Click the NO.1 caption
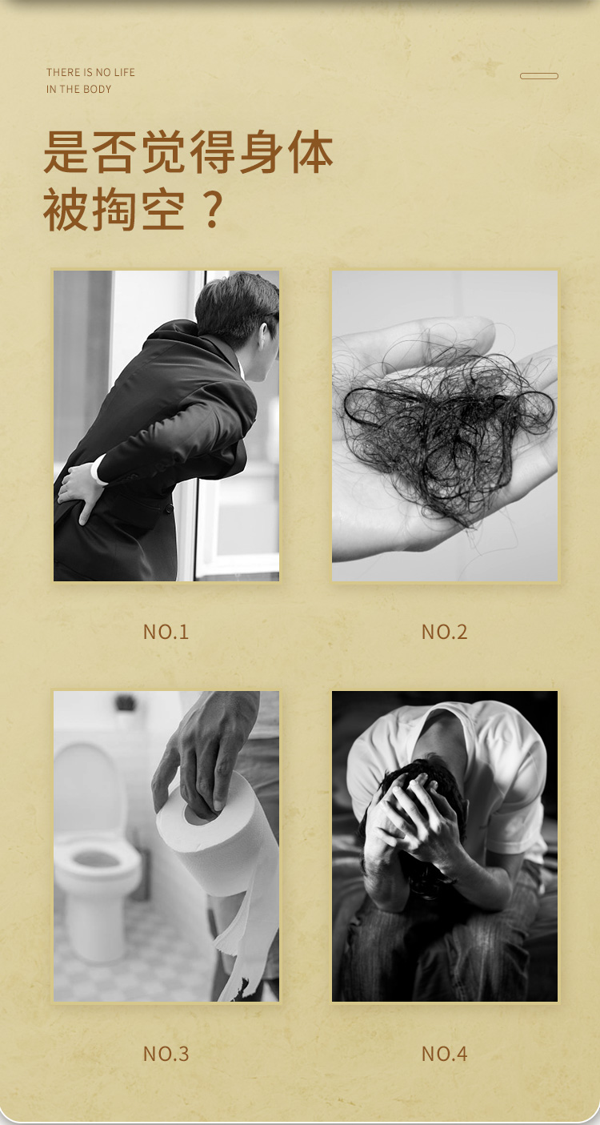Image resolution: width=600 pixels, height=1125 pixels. [166, 632]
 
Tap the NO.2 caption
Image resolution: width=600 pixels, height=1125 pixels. [445, 632]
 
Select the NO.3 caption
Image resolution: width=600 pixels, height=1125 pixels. [166, 1054]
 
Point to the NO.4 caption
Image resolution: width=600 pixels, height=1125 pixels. [445, 1054]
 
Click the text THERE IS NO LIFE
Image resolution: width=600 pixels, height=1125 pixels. [91, 72]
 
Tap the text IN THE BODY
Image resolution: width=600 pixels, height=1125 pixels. [78, 89]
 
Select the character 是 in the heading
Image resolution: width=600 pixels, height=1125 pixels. [66, 151]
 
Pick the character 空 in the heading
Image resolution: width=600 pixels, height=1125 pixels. [164, 210]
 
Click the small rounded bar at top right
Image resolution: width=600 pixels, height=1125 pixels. [538, 76]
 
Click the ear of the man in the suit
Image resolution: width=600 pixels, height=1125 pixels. [264, 338]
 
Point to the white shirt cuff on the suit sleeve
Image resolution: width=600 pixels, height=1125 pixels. [98, 471]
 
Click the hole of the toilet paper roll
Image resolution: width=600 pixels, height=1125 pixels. [198, 813]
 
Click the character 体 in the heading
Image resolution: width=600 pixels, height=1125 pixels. [311, 151]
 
